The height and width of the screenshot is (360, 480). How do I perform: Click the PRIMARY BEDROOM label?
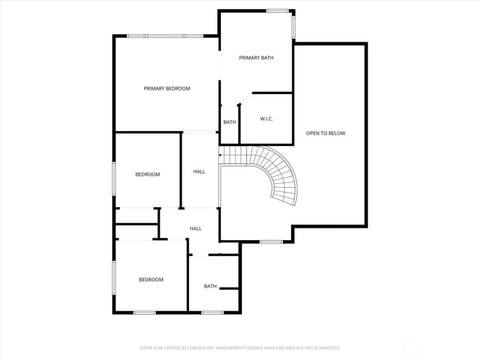167,89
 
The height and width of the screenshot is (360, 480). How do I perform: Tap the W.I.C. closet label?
266,119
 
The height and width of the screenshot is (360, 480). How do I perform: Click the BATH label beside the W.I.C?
230,122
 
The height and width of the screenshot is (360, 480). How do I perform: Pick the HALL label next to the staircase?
199,172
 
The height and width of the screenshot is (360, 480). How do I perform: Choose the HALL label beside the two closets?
195,228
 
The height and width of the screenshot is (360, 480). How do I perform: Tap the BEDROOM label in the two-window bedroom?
151,279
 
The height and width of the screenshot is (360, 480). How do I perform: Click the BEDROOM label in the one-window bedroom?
148,174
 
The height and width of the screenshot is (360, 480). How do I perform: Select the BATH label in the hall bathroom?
210,286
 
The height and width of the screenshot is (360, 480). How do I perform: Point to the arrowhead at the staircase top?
220,155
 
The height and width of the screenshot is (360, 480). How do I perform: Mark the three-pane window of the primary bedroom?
165,36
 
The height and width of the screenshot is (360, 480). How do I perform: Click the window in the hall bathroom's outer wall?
212,312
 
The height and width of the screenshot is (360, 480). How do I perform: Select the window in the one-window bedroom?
114,179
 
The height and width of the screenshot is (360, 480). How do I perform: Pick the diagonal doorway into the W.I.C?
246,99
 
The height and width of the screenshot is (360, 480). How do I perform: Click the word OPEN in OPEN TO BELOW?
312,133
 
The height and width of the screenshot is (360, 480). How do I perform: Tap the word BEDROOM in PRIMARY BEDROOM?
178,89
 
